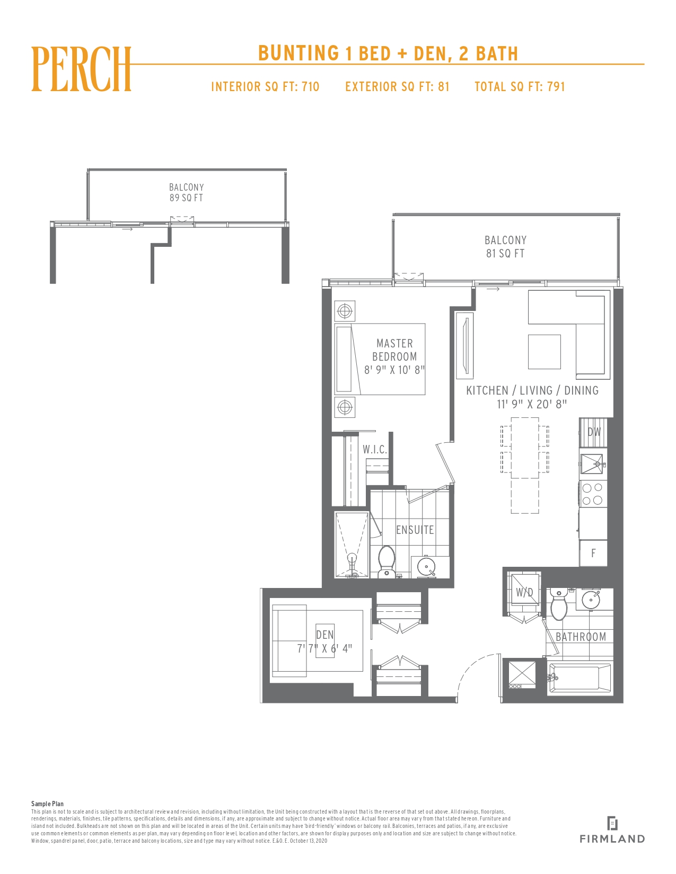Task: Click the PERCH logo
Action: (81, 69)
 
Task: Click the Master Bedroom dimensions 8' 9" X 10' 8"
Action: (394, 370)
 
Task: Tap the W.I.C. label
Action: (374, 449)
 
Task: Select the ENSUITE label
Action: (415, 530)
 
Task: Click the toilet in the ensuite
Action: (387, 561)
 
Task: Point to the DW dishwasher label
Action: (594, 432)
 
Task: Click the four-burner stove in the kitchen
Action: (593, 494)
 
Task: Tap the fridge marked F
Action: (593, 553)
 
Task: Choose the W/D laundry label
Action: (524, 592)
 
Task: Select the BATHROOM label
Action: (581, 637)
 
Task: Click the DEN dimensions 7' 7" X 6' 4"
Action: (324, 648)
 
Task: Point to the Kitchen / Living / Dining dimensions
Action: (531, 404)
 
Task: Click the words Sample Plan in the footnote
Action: (47, 804)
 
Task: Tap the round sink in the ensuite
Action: (426, 567)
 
